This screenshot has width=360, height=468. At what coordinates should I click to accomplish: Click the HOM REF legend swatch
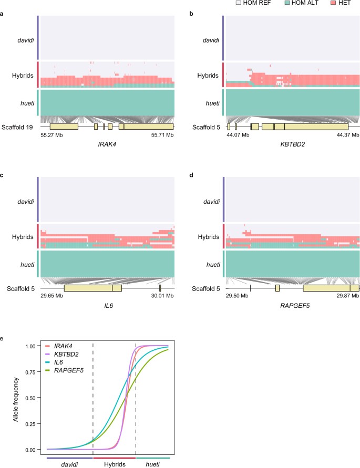(238, 4)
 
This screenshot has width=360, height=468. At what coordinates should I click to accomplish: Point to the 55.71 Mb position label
(162, 135)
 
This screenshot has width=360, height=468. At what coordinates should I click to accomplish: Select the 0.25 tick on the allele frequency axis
(32, 424)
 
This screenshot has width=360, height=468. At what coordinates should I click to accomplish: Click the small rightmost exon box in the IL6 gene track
(160, 288)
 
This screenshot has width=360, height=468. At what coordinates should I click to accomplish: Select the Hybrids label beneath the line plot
(114, 464)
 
